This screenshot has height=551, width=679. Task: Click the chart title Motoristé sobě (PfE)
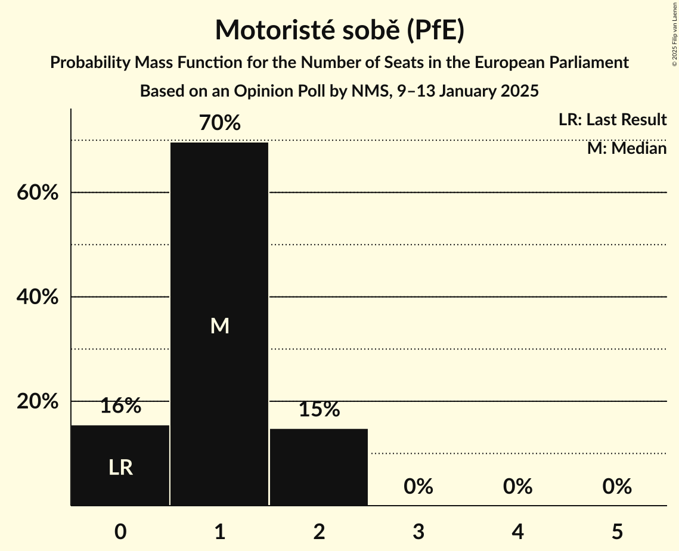[339, 30]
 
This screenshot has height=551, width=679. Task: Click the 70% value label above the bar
[220, 123]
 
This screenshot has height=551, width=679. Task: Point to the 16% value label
[120, 406]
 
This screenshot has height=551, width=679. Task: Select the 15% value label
[319, 409]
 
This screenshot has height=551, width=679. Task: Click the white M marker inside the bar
[220, 326]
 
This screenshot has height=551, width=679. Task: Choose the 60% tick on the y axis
[37, 193]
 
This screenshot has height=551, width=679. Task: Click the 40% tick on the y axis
[37, 297]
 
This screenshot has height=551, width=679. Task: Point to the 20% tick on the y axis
[37, 401]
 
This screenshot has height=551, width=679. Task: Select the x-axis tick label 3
[418, 531]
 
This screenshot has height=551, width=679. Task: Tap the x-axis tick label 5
[617, 531]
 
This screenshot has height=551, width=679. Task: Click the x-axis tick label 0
[120, 531]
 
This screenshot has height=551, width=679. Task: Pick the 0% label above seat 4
[517, 487]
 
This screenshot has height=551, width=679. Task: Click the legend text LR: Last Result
[612, 120]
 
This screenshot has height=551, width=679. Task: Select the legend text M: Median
[627, 148]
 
